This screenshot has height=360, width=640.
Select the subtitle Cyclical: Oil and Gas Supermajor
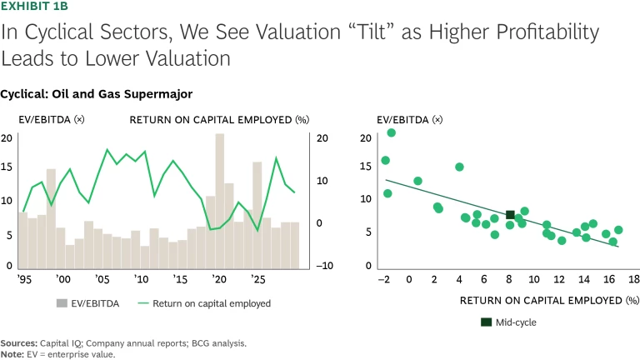click(97, 94)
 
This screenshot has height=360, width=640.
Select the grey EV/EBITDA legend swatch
click(62, 304)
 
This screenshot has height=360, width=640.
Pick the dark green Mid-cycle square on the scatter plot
click(510, 215)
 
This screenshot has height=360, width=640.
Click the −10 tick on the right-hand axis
click(325, 266)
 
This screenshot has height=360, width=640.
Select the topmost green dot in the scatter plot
click(392, 132)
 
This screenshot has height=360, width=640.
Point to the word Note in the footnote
click(12, 354)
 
